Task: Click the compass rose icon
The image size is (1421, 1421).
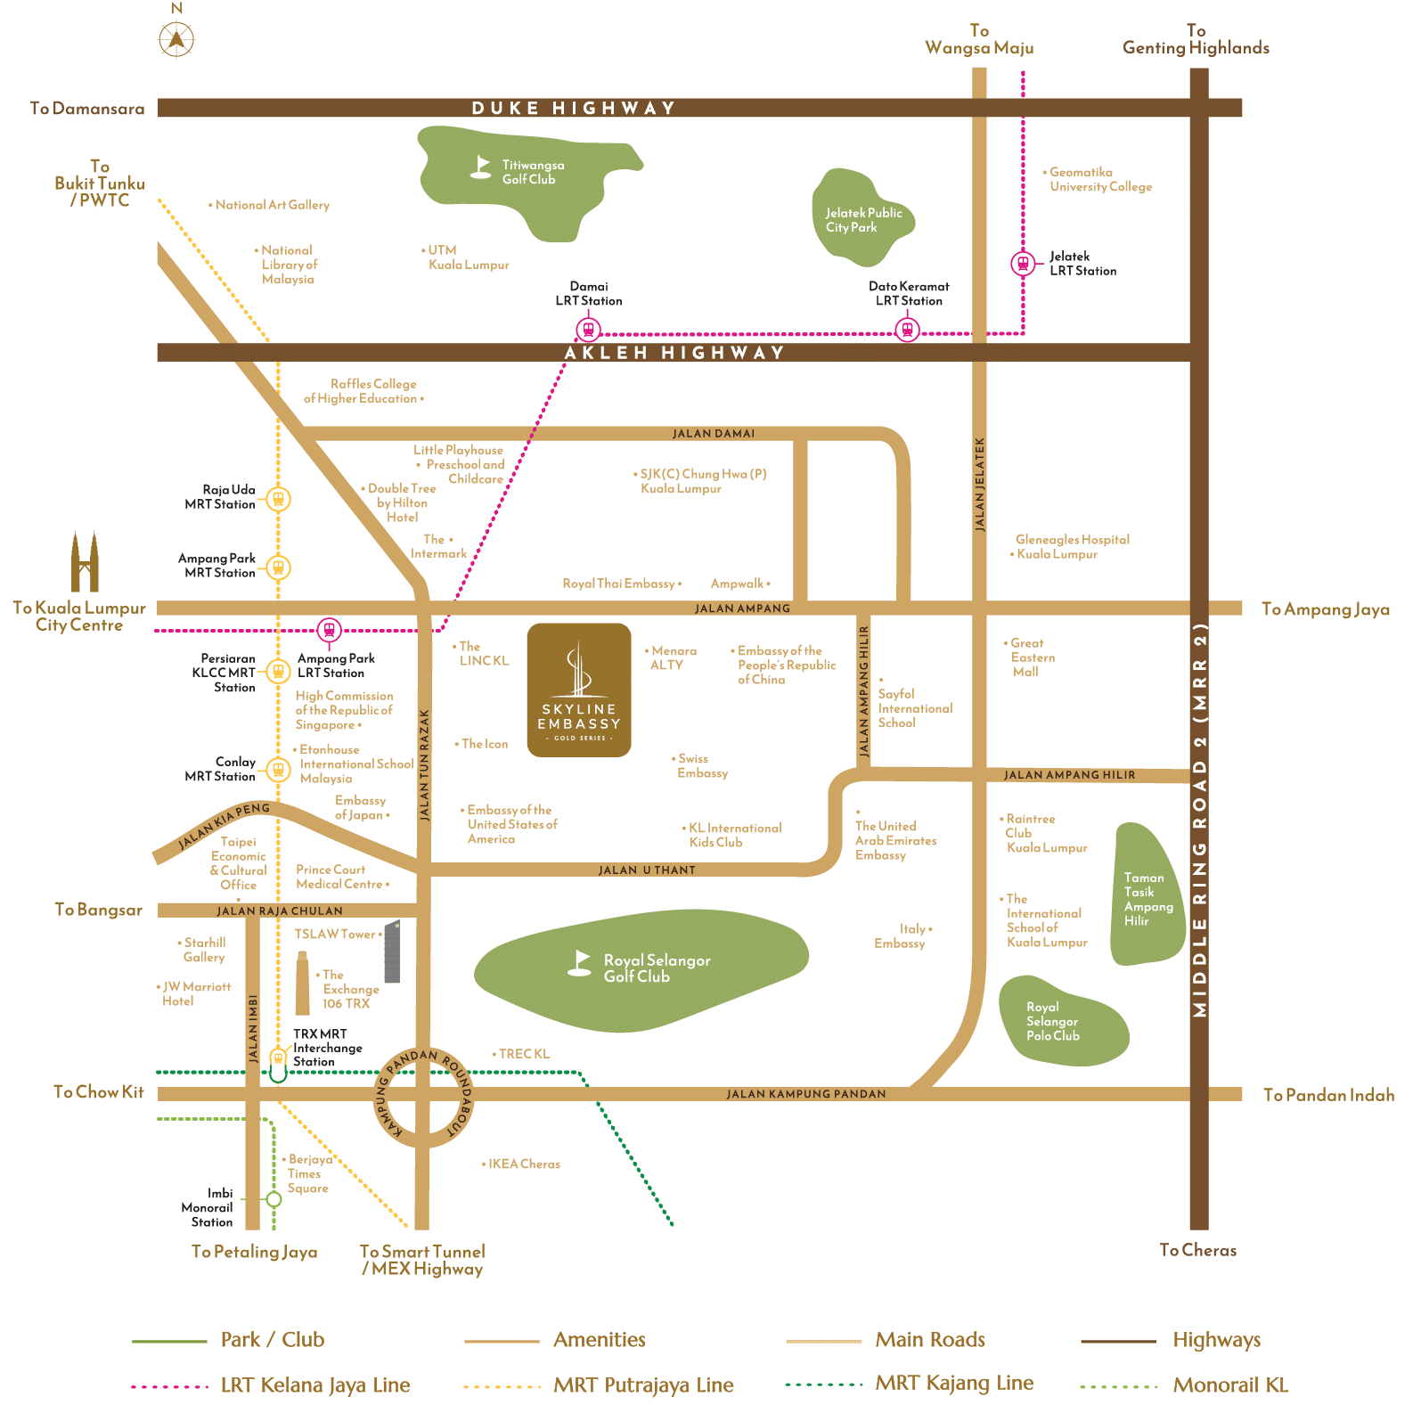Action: click(x=176, y=38)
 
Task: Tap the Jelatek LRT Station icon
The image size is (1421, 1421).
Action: click(x=1023, y=264)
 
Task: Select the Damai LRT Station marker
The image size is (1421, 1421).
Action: click(x=588, y=330)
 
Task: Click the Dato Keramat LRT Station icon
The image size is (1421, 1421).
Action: click(x=907, y=331)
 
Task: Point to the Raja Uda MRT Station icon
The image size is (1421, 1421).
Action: click(x=278, y=499)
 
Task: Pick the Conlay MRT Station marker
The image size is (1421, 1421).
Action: click(x=278, y=769)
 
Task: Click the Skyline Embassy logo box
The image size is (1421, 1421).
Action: click(x=579, y=690)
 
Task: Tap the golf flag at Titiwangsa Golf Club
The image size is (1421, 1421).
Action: click(x=481, y=167)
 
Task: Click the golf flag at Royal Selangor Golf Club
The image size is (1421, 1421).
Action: click(x=580, y=963)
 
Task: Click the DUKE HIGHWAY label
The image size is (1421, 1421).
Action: click(x=573, y=109)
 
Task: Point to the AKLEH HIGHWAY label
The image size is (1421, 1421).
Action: click(x=674, y=353)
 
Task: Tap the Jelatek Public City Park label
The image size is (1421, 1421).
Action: click(x=863, y=220)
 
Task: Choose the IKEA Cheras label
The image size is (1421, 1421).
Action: click(x=524, y=1164)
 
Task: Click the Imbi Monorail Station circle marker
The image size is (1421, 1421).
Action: click(x=274, y=1199)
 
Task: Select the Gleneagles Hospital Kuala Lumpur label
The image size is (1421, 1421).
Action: click(x=1072, y=547)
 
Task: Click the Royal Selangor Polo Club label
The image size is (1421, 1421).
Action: click(x=1052, y=1022)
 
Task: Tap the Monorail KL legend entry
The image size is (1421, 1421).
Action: click(x=1229, y=1385)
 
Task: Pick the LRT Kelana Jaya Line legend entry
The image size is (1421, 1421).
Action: click(x=314, y=1385)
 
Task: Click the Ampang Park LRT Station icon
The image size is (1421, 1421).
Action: click(x=330, y=630)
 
